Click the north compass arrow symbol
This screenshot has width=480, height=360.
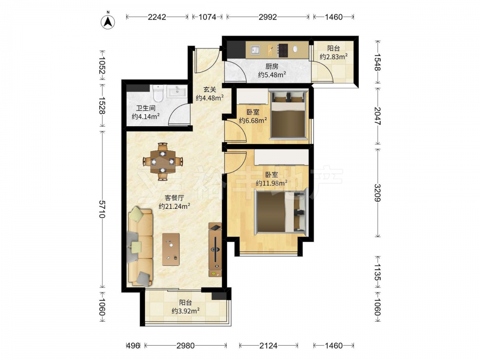[x=108, y=22]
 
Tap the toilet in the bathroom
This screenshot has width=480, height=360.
[x=158, y=94]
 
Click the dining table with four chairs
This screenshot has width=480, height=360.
[x=163, y=161]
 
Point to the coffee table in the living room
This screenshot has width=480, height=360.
[x=171, y=249]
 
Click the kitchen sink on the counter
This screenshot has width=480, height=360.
[x=255, y=49]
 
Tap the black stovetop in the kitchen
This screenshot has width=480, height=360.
[x=283, y=50]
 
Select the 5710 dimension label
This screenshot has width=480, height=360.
[x=102, y=209]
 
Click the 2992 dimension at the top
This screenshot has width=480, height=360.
[x=268, y=17]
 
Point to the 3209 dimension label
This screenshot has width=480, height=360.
[x=378, y=193]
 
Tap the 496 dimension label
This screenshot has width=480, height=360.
[x=133, y=346]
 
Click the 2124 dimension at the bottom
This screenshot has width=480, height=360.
[x=268, y=346]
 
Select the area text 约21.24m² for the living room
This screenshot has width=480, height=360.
[x=175, y=206]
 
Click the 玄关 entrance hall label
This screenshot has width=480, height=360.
[x=210, y=90]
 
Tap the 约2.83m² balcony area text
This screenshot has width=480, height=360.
[x=334, y=57]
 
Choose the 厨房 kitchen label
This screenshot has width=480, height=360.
[x=272, y=66]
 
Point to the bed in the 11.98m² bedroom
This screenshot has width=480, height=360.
[x=280, y=211]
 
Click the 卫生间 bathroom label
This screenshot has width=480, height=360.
[x=146, y=108]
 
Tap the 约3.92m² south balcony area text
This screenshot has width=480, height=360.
[x=185, y=311]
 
